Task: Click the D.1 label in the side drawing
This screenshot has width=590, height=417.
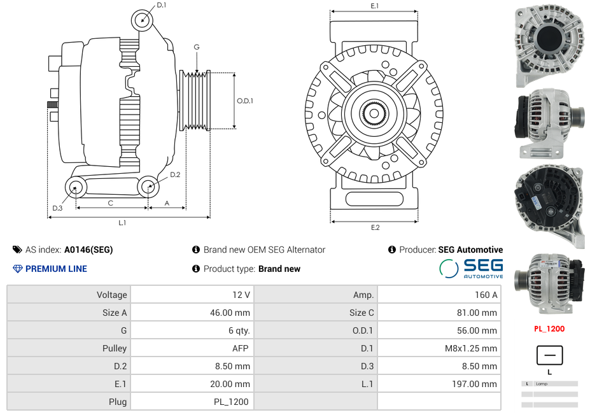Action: click(x=161, y=5)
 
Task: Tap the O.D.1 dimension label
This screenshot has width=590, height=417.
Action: click(x=245, y=101)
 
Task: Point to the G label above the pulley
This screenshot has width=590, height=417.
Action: click(x=197, y=47)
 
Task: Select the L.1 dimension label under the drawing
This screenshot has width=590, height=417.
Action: click(x=122, y=223)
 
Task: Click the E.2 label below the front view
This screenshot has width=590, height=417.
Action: click(x=375, y=227)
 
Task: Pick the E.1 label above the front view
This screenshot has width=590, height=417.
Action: click(x=375, y=6)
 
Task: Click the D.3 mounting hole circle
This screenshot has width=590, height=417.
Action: click(x=76, y=187)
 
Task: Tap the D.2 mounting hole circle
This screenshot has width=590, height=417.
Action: click(x=148, y=187)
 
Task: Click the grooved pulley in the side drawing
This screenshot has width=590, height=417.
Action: click(x=196, y=101)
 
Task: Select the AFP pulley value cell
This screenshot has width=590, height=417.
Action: click(x=192, y=348)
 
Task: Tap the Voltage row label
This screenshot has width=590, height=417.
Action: click(x=69, y=295)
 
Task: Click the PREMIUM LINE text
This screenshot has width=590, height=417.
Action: click(x=56, y=269)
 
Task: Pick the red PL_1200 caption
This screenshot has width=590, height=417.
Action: click(x=549, y=329)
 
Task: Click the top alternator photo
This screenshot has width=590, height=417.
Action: click(x=549, y=45)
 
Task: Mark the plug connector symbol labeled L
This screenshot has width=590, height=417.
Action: click(x=549, y=355)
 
